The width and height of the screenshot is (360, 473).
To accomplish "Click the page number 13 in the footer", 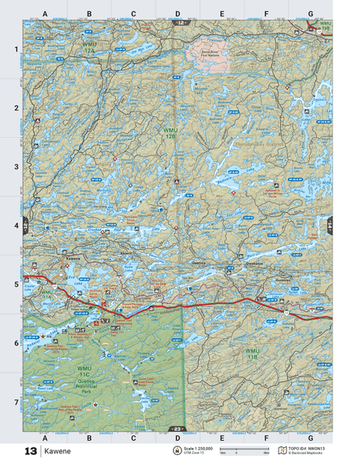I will [31, 452].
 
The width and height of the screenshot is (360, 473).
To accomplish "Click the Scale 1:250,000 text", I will [201, 449].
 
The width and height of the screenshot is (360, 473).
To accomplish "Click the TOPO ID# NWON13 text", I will [308, 449].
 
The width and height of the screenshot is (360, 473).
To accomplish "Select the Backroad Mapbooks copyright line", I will [308, 454].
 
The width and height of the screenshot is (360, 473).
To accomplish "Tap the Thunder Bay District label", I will [259, 143].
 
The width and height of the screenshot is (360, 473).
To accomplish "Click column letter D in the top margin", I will [177, 14].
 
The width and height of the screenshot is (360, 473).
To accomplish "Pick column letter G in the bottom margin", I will [310, 438].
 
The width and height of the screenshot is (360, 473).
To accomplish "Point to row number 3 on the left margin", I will [16, 167].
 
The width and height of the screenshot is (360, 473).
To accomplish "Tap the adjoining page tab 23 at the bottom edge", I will [177, 429].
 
